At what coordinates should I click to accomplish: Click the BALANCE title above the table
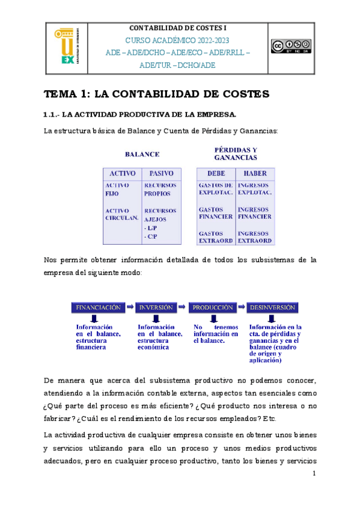142,154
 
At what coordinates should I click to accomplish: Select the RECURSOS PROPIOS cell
160,189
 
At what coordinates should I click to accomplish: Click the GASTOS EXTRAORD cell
215,237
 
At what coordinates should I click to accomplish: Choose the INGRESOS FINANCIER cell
255,214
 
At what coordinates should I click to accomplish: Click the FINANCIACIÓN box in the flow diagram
99,307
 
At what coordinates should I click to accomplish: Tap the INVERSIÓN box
156,307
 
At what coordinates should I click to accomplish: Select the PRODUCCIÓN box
213,307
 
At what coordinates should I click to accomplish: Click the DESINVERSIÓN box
272,307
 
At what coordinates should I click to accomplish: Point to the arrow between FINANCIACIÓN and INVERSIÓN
130,307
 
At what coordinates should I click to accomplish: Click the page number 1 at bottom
314,474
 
